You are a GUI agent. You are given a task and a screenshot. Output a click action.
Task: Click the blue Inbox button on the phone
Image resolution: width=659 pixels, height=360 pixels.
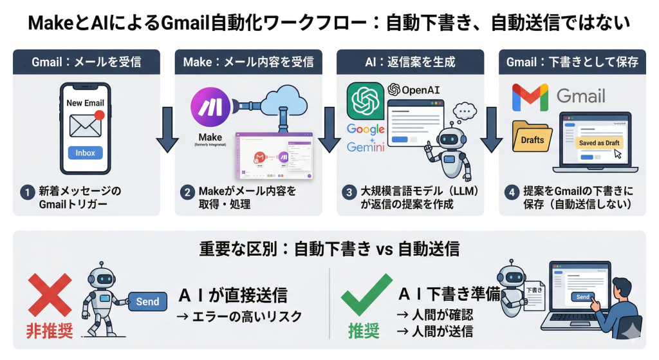click(x=85, y=153)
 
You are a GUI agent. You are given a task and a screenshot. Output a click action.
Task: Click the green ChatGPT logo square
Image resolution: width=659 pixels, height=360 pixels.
click(x=365, y=100)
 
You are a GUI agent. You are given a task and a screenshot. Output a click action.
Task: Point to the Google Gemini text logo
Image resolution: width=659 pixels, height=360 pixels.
click(x=366, y=138)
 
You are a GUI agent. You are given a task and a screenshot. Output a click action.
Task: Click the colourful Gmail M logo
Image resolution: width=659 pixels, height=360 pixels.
click(x=530, y=97)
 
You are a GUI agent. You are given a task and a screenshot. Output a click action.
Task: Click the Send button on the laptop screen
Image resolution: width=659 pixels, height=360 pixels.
click(x=582, y=297)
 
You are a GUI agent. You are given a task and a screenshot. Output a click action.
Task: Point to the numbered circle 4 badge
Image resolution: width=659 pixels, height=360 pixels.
click(x=511, y=191)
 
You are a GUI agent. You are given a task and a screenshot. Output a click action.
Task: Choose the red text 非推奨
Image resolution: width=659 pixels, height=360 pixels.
click(x=48, y=331)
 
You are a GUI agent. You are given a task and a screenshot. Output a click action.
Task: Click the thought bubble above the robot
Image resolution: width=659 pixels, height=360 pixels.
click(x=465, y=110)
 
